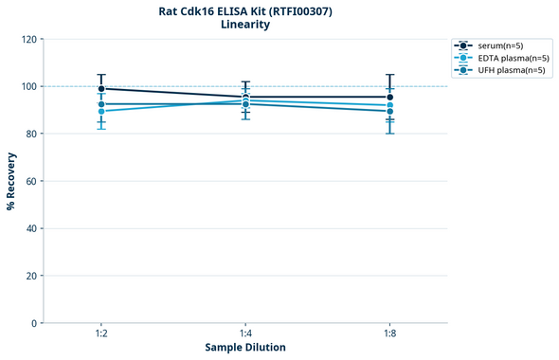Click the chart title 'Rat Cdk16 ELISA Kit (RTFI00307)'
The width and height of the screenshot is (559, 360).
click(245, 10)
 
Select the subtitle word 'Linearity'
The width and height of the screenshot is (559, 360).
click(245, 25)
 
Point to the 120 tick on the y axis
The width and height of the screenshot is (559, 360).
click(28, 40)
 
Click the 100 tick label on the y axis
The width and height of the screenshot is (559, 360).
click(28, 87)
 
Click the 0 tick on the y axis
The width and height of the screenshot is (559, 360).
click(34, 324)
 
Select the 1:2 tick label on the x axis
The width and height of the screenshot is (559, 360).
click(100, 334)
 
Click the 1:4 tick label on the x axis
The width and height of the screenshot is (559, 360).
click(245, 334)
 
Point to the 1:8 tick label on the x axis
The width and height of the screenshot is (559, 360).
click(389, 334)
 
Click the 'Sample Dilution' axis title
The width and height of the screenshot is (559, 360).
click(245, 348)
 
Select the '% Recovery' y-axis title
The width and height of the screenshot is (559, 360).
click(11, 180)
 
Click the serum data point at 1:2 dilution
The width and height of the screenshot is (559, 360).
click(101, 89)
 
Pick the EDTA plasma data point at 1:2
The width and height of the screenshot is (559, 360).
click(101, 111)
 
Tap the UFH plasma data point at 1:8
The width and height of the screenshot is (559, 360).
click(389, 111)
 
